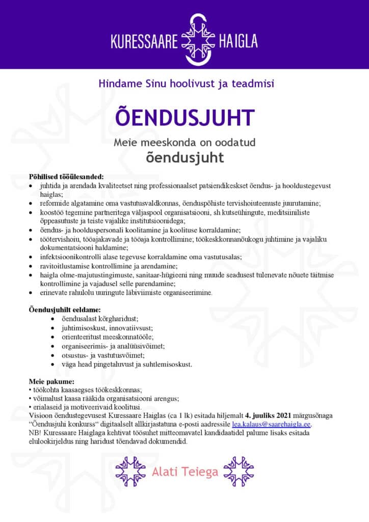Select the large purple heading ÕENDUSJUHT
(184, 117)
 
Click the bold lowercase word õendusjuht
(184, 157)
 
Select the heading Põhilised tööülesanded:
(66, 176)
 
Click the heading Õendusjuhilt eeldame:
(65, 309)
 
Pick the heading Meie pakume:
(51, 381)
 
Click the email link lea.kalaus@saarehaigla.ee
(271, 424)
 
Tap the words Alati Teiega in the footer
(185, 472)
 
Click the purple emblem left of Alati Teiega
(130, 472)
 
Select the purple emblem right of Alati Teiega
(239, 472)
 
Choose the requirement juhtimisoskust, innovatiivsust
(103, 328)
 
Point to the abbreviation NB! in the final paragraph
(35, 433)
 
